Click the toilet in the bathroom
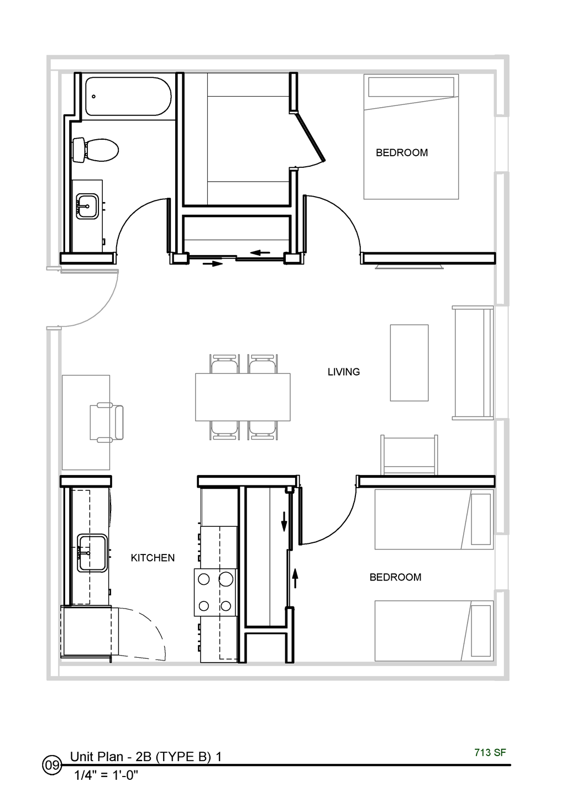pyautogui.click(x=97, y=150)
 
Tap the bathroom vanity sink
pyautogui.click(x=87, y=206)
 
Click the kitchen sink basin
pyautogui.click(x=92, y=553)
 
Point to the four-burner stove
pyautogui.click(x=215, y=592)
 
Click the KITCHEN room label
pyautogui.click(x=153, y=558)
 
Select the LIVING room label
pyautogui.click(x=343, y=372)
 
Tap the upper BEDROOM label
pyautogui.click(x=402, y=152)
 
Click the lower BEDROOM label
pyautogui.click(x=395, y=577)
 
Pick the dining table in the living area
pyautogui.click(x=243, y=397)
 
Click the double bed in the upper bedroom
pyautogui.click(x=411, y=137)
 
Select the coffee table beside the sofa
pyautogui.click(x=409, y=362)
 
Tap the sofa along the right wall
pyautogui.click(x=473, y=362)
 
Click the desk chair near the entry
pyautogui.click(x=108, y=422)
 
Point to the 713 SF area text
pyautogui.click(x=490, y=752)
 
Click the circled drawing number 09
pyautogui.click(x=52, y=765)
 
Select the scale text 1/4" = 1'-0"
pyautogui.click(x=106, y=775)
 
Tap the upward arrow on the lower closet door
pyautogui.click(x=295, y=577)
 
